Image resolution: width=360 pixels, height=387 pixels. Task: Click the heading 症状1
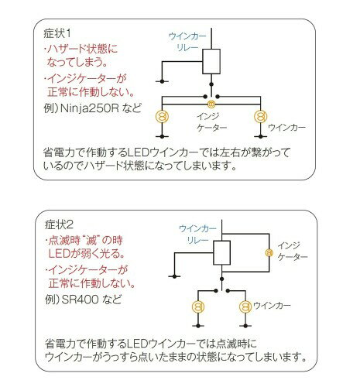click(x=57, y=33)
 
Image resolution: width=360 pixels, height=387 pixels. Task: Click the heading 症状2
click(x=59, y=224)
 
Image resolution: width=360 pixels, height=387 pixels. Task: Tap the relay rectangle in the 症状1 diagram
click(x=211, y=61)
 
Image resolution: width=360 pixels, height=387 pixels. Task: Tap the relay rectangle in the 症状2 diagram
click(x=222, y=253)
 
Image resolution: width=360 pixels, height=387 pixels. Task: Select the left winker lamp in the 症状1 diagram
click(x=162, y=116)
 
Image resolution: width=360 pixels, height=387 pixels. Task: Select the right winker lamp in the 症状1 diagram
click(x=261, y=116)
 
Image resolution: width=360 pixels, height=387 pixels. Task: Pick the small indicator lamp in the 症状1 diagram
click(x=211, y=104)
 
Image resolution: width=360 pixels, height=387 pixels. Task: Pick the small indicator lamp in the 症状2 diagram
click(x=269, y=252)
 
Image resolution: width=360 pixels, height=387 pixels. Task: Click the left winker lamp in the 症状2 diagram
click(x=198, y=307)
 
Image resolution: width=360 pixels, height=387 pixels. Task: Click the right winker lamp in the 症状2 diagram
click(x=245, y=307)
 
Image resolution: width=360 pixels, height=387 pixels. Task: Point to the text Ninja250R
click(x=90, y=108)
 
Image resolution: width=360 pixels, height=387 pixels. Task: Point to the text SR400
click(x=81, y=300)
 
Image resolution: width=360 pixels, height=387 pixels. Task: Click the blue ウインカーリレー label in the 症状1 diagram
click(x=187, y=42)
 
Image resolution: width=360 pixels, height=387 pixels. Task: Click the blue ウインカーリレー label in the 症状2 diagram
click(x=197, y=235)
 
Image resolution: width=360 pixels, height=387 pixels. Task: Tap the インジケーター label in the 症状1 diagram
click(x=211, y=122)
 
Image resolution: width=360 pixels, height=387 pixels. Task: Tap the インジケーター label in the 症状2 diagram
click(x=293, y=252)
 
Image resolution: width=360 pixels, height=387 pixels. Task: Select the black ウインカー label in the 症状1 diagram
click(x=286, y=127)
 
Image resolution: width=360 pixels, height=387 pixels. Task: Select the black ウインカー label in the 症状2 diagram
click(x=272, y=306)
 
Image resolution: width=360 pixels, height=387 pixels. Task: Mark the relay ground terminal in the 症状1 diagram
click(x=162, y=81)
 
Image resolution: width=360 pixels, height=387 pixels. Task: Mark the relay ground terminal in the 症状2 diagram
click(x=174, y=276)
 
